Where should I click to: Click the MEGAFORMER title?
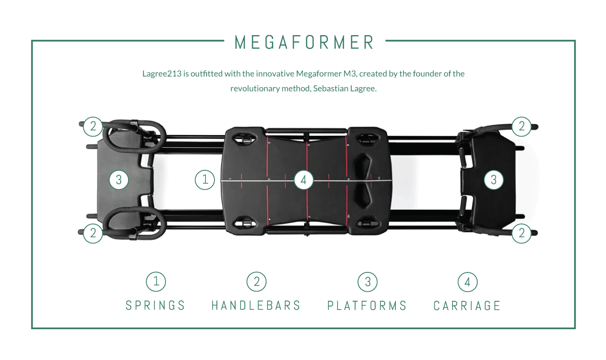pos(304,42)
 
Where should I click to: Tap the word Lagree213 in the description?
pos(162,74)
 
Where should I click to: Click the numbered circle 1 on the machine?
pos(205,180)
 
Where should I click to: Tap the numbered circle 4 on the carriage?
pos(303,180)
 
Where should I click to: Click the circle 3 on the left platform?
pos(119,180)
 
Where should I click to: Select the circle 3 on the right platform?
pos(493,180)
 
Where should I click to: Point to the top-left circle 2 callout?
pos(93,127)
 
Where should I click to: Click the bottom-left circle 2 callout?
pos(93,233)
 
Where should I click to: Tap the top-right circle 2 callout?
pos(521,127)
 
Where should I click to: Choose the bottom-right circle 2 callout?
pos(521,233)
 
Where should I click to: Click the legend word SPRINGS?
pos(155,306)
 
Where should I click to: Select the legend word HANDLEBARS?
pos(256,306)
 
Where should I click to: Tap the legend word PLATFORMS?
pos(367,306)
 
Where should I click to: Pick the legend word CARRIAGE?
pos(467,306)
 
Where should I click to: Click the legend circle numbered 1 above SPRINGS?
pos(156,282)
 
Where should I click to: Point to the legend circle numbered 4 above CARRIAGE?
pos(467,282)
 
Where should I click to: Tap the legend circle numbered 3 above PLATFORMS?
pos(368,282)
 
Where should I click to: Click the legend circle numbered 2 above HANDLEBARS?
pos(257,282)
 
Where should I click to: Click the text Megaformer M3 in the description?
pos(327,74)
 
